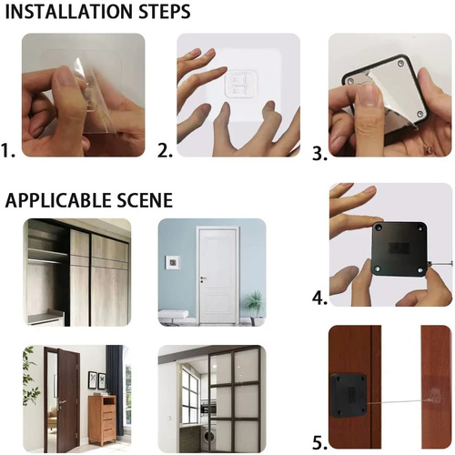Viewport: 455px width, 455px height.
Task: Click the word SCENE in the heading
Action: [141, 199]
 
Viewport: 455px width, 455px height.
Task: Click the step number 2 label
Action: [166, 149]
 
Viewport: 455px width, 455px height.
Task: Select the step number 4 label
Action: [319, 298]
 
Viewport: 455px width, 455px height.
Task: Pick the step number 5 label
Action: [319, 443]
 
